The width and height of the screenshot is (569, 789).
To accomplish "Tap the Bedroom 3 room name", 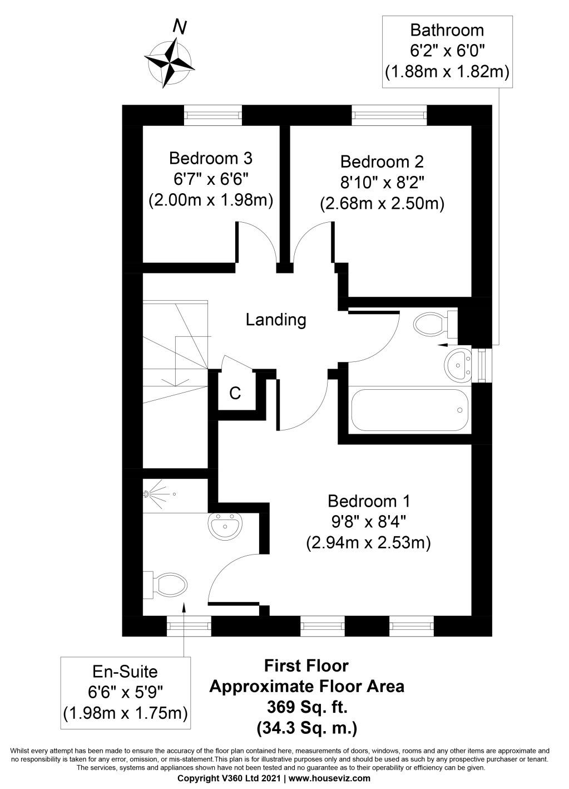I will pos(210,159).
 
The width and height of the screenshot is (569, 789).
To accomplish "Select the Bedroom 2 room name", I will pos(382,162).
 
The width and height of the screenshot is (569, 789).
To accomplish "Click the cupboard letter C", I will pos(235,394).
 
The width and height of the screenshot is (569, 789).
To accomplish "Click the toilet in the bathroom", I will pos(433,323).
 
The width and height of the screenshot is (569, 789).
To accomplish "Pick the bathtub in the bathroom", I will pos(410,409).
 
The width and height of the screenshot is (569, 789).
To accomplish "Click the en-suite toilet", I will pos(164,585).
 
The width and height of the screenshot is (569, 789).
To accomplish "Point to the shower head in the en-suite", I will pos(148,494).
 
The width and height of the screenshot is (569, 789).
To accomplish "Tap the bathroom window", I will pos(481,365).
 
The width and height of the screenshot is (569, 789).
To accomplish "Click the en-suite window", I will pos(190,626).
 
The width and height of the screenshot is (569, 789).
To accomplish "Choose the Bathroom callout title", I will pos(447,30).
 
